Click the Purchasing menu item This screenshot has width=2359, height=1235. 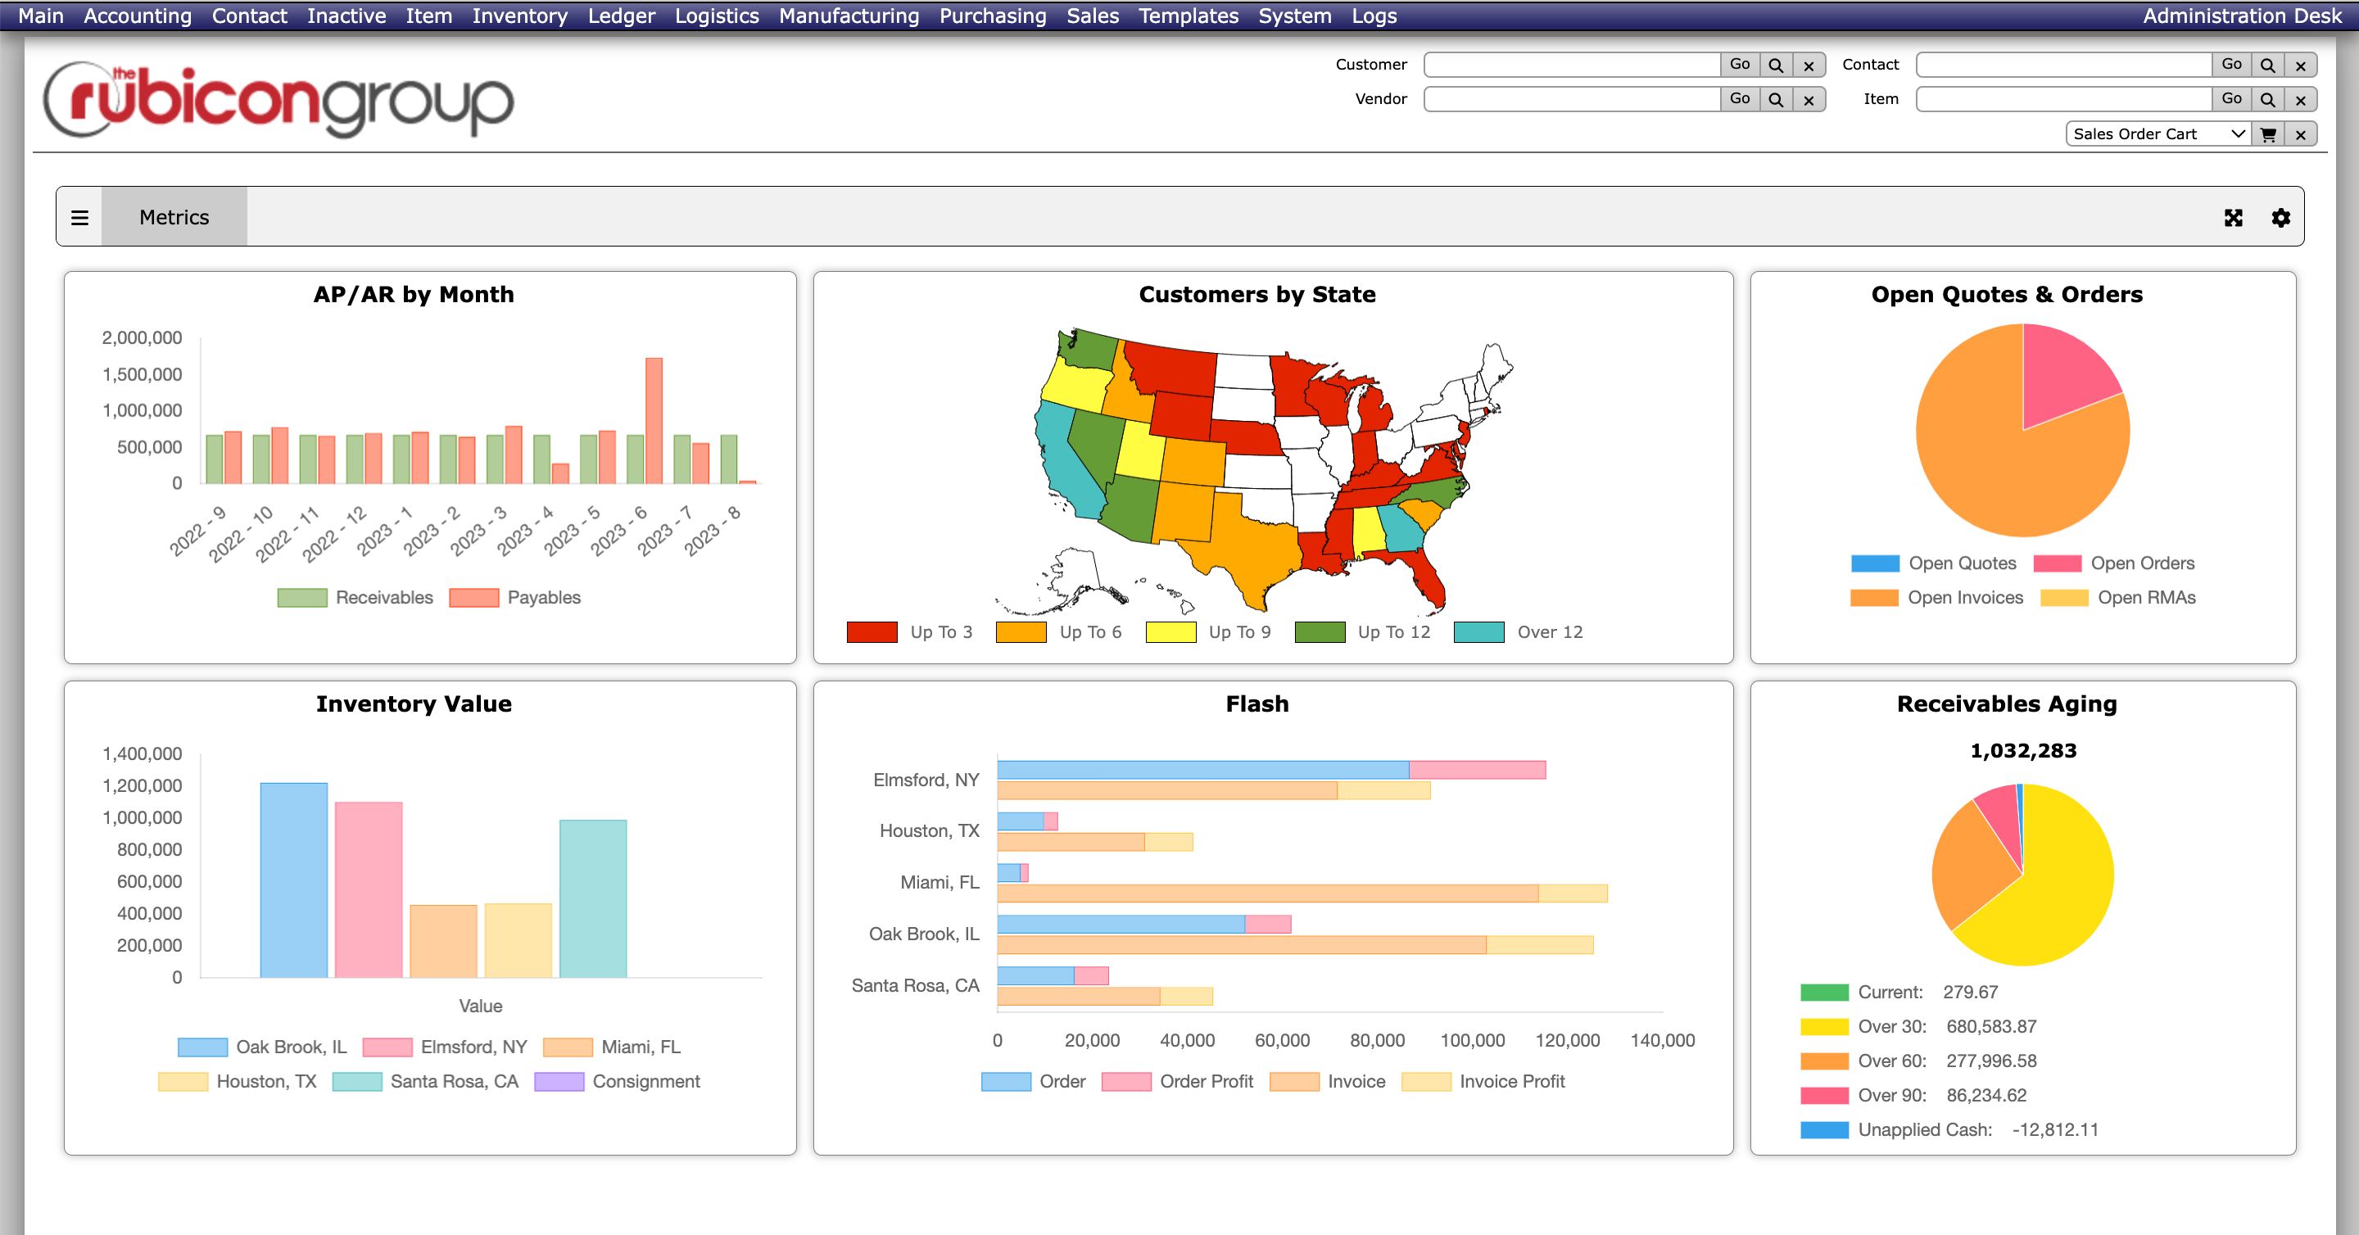click(x=992, y=16)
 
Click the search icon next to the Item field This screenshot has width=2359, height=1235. click(x=2266, y=99)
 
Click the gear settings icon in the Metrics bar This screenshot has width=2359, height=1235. click(x=2280, y=217)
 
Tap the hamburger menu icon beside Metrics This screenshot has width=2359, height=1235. click(x=79, y=217)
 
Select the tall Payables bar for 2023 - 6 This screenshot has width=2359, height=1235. click(x=653, y=420)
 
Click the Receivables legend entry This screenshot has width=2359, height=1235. click(x=355, y=597)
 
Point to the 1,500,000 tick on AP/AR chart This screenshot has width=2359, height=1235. click(x=142, y=373)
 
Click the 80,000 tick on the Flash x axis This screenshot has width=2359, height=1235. click(x=1376, y=1040)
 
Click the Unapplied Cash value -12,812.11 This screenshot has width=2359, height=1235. click(x=2054, y=1129)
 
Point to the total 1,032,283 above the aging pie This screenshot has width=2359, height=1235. click(x=2022, y=751)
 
